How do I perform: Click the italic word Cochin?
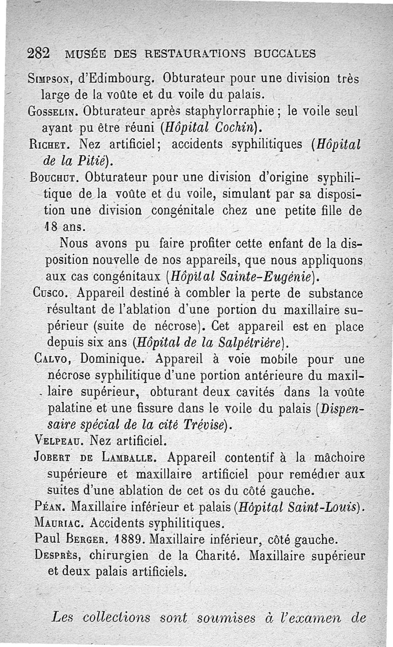pyautogui.click(x=231, y=128)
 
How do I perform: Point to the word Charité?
pyautogui.click(x=216, y=556)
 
